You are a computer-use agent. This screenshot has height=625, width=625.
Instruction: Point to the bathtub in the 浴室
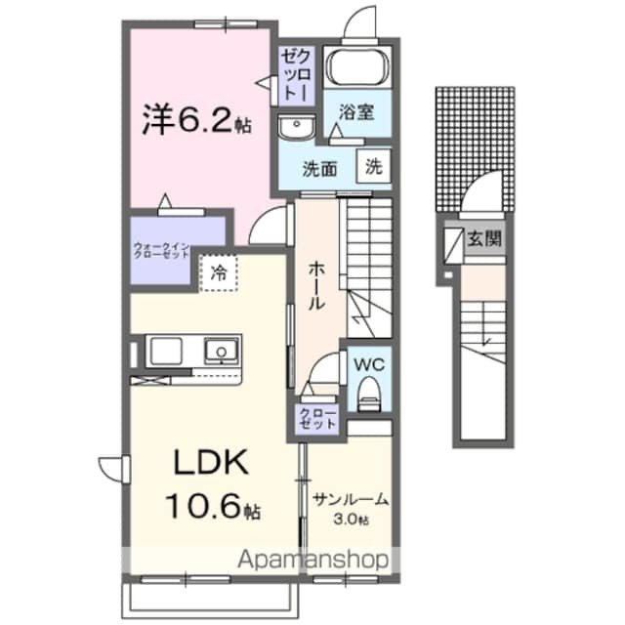pyautogui.click(x=357, y=66)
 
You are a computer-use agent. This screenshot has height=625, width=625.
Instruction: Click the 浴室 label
pyautogui.click(x=354, y=111)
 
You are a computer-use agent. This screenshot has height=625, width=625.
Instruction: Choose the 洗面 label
pyautogui.click(x=319, y=167)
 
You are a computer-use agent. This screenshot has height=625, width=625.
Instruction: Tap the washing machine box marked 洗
pyautogui.click(x=374, y=166)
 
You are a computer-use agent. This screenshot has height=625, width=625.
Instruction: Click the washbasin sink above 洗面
pyautogui.click(x=293, y=126)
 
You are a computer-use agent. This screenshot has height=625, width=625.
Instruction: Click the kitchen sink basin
pyautogui.click(x=221, y=349)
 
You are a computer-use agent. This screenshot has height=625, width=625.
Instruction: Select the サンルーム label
pyautogui.click(x=351, y=500)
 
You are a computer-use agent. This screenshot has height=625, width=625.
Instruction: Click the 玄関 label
pyautogui.click(x=484, y=238)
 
